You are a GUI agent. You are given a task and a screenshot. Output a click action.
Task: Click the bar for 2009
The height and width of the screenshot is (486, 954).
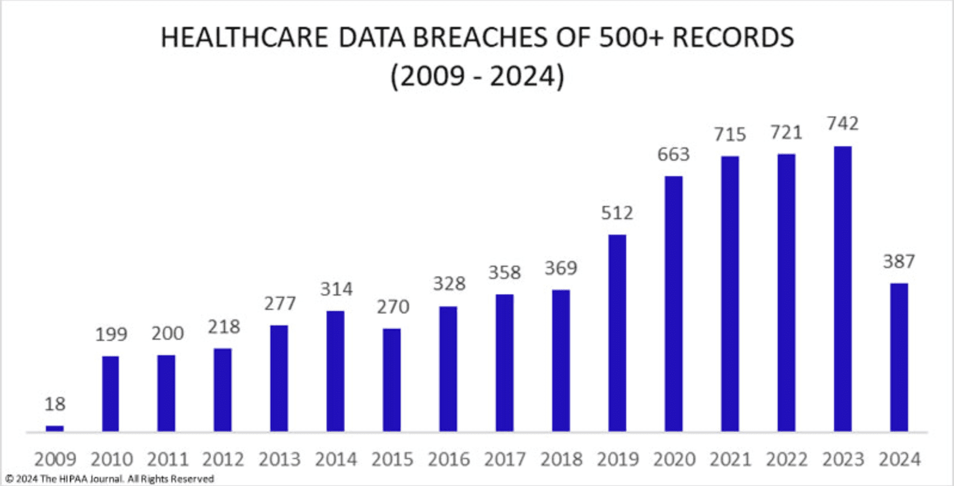(x=55, y=428)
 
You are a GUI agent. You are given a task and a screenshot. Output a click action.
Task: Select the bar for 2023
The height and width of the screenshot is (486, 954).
(x=842, y=289)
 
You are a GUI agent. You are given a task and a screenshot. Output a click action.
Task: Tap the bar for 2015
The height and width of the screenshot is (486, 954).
(x=392, y=380)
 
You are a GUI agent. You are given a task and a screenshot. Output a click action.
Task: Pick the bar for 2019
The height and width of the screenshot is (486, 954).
(x=617, y=333)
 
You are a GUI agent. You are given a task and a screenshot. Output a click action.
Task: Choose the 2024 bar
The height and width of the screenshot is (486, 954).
(x=899, y=357)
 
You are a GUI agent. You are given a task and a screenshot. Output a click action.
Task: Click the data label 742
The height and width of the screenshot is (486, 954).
(x=842, y=124)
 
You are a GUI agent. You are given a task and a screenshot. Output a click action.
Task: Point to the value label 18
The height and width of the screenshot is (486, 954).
(x=55, y=404)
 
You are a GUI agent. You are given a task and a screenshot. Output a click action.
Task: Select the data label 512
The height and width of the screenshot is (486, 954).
(x=617, y=213)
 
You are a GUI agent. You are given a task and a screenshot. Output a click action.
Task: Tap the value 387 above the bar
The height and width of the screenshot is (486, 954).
(x=899, y=262)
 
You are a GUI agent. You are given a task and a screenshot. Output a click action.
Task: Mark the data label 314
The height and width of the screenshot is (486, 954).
(x=336, y=290)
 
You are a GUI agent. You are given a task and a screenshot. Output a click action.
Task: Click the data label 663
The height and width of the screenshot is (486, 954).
(x=673, y=155)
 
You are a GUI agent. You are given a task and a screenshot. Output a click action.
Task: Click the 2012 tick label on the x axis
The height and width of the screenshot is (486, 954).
(x=223, y=459)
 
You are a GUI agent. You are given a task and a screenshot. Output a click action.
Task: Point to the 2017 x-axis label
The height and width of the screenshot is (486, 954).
(x=504, y=459)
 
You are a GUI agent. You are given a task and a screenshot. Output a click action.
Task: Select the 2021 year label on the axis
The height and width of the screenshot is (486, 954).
(x=730, y=459)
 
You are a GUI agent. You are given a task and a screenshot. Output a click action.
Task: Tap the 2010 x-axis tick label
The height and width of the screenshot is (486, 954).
(x=112, y=459)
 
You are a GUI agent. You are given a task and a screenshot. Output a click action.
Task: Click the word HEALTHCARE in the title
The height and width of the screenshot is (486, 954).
(x=244, y=38)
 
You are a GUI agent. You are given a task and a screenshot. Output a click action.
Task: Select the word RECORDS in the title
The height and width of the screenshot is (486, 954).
(x=733, y=38)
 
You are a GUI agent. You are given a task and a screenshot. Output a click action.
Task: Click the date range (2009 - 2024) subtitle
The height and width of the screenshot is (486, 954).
(x=477, y=76)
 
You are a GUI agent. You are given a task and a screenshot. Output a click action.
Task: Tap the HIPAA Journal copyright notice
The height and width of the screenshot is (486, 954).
(x=110, y=479)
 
